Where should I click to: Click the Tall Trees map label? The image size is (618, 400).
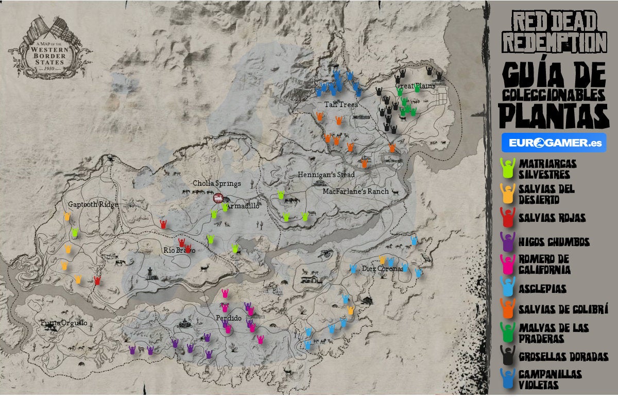341,105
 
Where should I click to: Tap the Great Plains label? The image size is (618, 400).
415,86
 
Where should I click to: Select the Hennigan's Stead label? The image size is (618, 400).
326,175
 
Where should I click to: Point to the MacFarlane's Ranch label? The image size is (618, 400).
355,192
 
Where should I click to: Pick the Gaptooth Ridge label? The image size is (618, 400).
93,204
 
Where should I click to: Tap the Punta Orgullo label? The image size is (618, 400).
64,323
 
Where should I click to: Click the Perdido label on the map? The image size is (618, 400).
229,318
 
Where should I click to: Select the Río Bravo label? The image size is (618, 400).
180,251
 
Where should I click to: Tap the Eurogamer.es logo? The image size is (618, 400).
554,143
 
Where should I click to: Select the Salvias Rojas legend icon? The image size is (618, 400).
507,217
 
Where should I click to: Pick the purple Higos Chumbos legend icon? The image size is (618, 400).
507,241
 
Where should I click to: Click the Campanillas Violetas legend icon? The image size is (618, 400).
508,378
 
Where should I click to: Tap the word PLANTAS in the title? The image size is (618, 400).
553,116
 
